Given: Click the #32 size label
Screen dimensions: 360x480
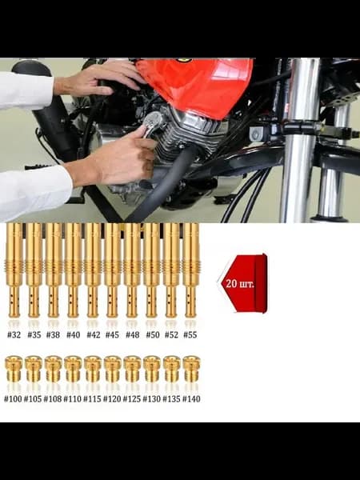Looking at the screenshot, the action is [14, 334].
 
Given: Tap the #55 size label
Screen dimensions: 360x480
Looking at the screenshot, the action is [190, 334].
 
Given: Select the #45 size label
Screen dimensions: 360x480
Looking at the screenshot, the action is [112, 334].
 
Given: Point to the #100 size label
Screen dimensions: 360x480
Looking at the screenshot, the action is [13, 399].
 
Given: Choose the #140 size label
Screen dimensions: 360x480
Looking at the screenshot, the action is [191, 399].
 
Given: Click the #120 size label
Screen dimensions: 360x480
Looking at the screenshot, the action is [112, 399].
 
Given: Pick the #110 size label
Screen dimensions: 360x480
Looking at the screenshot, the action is [72, 399].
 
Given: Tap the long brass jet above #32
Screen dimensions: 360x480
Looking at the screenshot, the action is [14, 270].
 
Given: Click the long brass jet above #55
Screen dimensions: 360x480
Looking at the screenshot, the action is [190, 270].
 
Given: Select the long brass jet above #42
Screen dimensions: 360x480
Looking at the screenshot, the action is [93, 270].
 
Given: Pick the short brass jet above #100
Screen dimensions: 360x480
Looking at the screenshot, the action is [14, 369].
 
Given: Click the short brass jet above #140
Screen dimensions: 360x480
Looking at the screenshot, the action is [192, 369].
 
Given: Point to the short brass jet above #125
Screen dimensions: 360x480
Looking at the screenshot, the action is [132, 369].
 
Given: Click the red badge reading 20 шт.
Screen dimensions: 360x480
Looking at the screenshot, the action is [243, 283].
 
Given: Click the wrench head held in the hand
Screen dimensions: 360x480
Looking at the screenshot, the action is [153, 122].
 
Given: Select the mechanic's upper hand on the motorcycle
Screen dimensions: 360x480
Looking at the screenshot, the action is [98, 78].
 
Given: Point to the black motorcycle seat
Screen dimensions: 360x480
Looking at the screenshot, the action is [31, 69].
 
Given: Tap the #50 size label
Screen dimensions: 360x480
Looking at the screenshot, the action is [153, 334].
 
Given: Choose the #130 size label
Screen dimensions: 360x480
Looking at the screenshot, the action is [152, 399].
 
